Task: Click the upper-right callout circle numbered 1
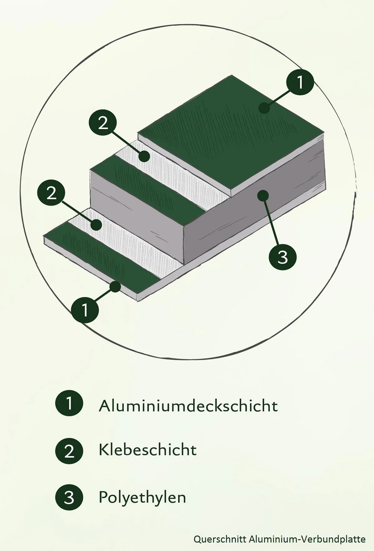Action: pos(300,82)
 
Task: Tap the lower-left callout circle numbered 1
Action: pos(85,310)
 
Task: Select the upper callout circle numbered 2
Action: pos(103,123)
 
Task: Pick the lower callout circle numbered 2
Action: pos(51,193)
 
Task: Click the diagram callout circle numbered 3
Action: pos(282,257)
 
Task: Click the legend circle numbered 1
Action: pos(69,403)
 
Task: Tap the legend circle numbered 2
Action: pos(69,451)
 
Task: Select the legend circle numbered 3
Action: pos(69,497)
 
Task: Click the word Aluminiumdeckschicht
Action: pos(188,406)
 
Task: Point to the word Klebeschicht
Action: pos(147,450)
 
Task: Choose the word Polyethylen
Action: pos(142,497)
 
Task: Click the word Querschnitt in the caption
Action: pos(220,539)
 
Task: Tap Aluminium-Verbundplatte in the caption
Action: pos(307,539)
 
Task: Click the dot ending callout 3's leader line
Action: pos(263,196)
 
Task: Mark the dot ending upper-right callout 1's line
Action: pos(264,108)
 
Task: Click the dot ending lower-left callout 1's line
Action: pos(116,286)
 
